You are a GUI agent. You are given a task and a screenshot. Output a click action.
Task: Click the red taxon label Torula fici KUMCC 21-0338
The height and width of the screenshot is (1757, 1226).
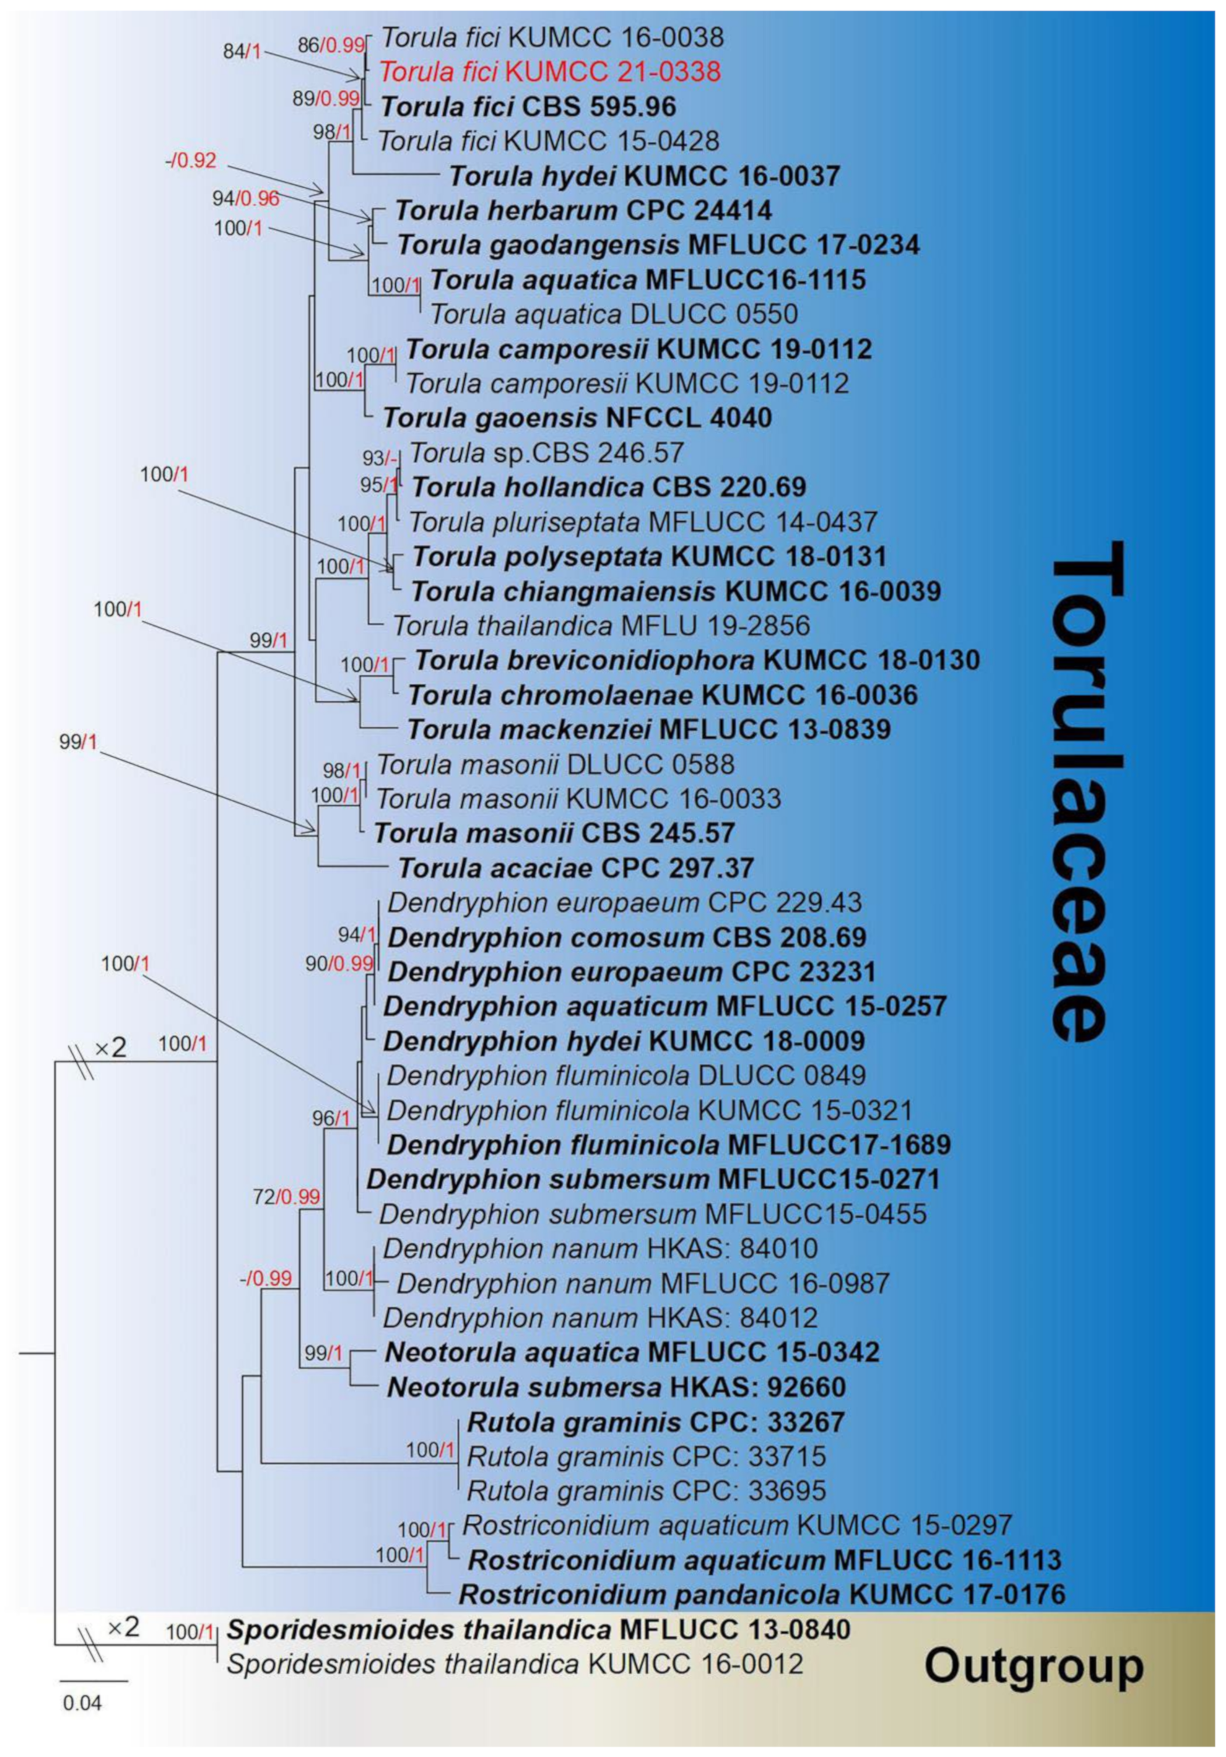point(549,72)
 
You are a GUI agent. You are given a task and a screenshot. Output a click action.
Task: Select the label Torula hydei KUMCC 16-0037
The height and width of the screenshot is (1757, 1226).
point(645,176)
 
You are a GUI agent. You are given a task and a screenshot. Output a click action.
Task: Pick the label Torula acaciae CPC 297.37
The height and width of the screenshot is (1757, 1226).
point(576,868)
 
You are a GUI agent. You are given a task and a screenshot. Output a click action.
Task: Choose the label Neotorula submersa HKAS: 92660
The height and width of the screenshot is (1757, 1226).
point(616,1387)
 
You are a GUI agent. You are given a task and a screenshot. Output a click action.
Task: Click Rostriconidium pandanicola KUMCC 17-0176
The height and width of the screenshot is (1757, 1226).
point(761,1594)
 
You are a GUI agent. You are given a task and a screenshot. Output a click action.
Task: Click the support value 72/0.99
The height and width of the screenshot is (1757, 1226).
point(286,1196)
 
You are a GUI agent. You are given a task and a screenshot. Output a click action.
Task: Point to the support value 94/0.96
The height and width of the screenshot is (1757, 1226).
point(246,199)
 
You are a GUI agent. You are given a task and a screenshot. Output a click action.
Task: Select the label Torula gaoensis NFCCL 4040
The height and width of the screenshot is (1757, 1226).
point(577,418)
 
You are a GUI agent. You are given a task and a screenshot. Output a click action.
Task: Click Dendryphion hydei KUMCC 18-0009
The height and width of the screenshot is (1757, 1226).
point(624,1041)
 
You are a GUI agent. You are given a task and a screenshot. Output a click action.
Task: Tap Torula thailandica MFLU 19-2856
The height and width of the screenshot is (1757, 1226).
point(601,626)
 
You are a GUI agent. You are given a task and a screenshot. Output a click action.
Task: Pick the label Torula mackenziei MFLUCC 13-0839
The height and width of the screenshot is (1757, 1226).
point(649,729)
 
